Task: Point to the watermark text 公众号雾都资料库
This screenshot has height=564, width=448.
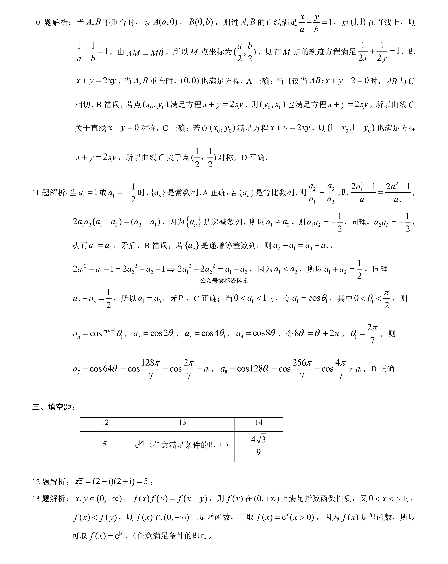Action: pyautogui.click(x=224, y=281)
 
